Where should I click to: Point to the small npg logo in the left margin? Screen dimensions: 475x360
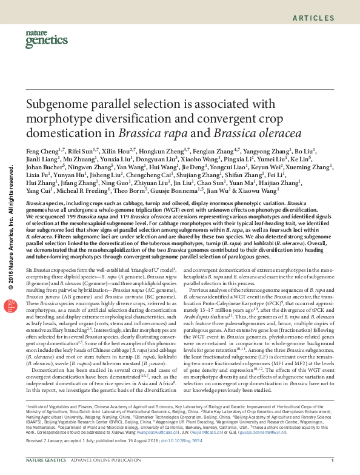click(9, 307)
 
